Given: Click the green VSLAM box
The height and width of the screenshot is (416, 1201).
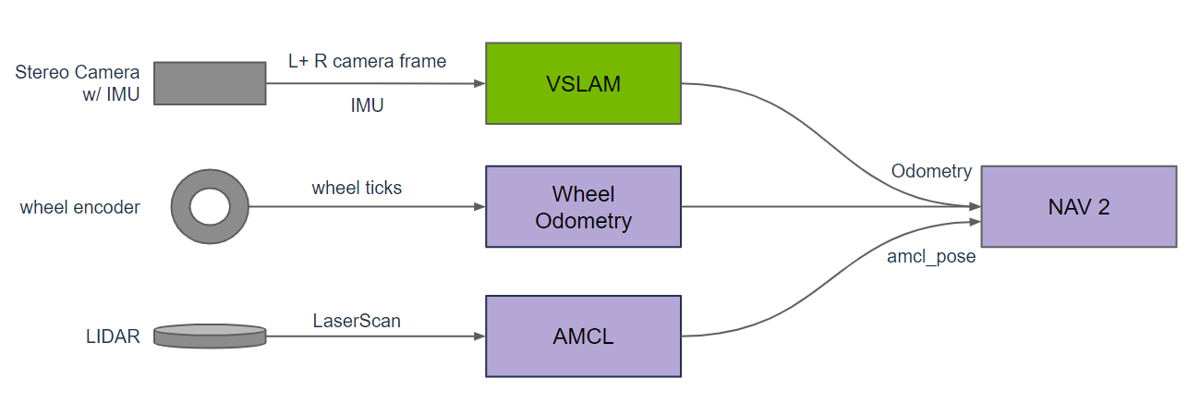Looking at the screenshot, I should click(x=583, y=83).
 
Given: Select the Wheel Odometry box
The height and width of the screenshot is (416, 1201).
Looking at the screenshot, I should click(x=583, y=206).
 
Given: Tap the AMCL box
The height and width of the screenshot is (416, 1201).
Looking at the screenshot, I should click(x=583, y=336).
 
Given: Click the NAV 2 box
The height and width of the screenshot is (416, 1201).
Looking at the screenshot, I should click(x=1078, y=206).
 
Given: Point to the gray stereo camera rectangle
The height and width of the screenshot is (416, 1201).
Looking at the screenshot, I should click(x=210, y=83).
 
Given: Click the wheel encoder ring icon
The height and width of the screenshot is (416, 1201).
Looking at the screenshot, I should click(x=210, y=206).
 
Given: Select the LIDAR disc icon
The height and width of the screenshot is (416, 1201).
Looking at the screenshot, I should click(x=210, y=336).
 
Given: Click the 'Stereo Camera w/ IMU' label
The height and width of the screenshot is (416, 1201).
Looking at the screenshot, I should click(x=78, y=83).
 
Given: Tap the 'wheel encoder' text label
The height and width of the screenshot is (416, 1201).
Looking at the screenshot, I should click(x=79, y=207).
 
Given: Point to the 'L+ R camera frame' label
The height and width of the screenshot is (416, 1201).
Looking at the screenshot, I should click(x=367, y=61).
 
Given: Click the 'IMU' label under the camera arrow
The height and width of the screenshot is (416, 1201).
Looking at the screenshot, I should click(x=367, y=106).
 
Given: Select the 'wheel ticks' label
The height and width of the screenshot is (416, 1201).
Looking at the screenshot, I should click(x=357, y=188).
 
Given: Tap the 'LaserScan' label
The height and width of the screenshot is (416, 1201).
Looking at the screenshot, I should click(x=357, y=321).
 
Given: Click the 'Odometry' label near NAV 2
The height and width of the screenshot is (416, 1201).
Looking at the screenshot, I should click(x=931, y=171).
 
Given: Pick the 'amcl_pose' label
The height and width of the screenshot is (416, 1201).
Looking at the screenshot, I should click(x=931, y=257).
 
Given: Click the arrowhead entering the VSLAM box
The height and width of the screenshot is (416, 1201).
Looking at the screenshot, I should click(x=479, y=83).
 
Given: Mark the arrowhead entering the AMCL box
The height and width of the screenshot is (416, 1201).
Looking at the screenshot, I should click(x=479, y=336).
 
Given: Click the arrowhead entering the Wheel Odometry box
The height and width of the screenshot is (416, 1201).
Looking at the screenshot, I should click(x=479, y=206).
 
